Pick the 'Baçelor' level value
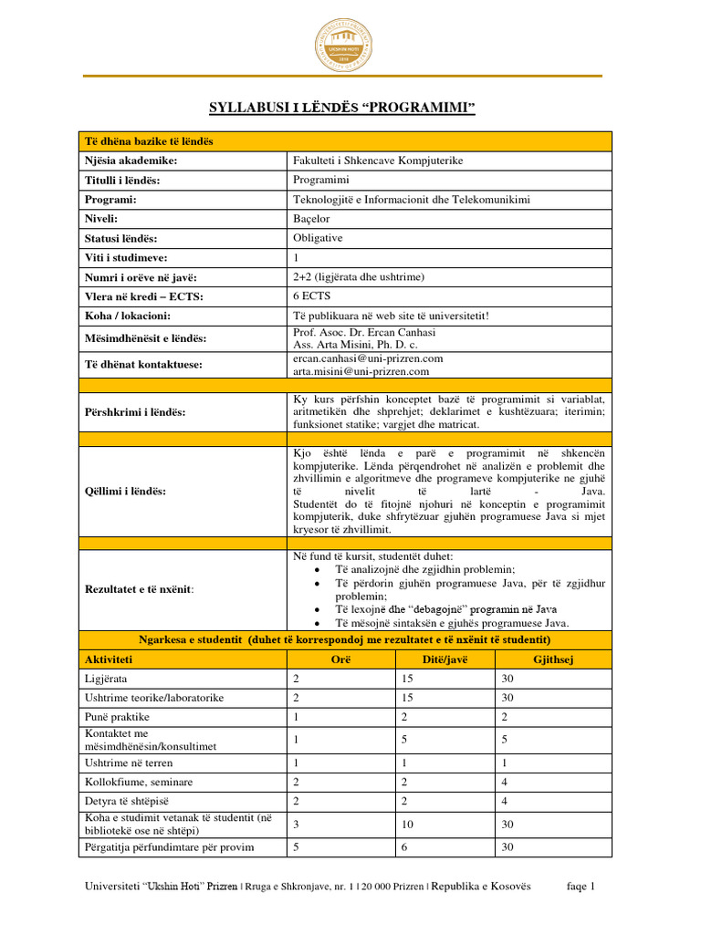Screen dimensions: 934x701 [x=311, y=219]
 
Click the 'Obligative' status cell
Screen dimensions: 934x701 [x=318, y=238]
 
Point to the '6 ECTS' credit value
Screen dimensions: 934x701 [x=311, y=296]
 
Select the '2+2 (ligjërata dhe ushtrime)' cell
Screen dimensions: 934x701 [x=359, y=276]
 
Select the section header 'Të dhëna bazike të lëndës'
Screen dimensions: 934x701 [x=149, y=140]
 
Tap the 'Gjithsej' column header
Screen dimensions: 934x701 [x=552, y=659]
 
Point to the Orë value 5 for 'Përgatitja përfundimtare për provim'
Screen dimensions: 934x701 [x=296, y=847]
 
